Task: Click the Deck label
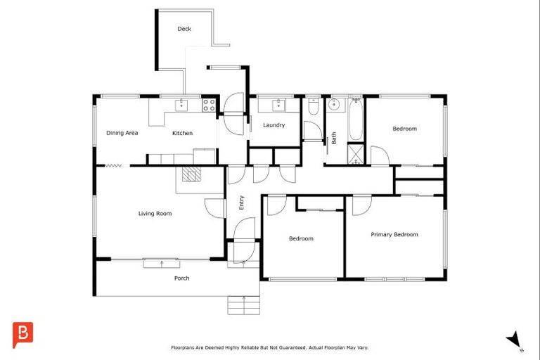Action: click(184, 29)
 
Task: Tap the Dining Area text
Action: click(122, 133)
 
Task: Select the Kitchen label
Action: click(183, 133)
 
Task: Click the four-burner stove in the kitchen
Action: click(209, 105)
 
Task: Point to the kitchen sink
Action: click(181, 105)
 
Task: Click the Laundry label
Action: click(274, 125)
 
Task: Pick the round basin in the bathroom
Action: click(333, 105)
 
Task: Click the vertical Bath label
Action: click(334, 138)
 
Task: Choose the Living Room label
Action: click(155, 214)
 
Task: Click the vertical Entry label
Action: click(241, 202)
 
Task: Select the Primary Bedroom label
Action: click(394, 235)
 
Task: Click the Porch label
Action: click(181, 278)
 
